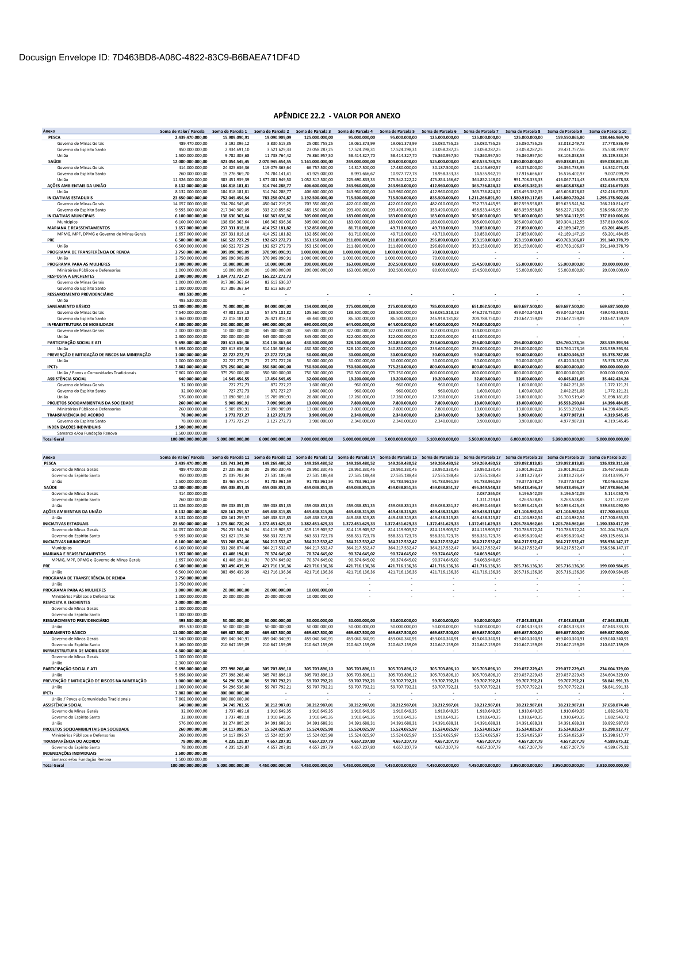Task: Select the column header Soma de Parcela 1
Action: click(230, 131)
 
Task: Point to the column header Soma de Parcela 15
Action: click(398, 457)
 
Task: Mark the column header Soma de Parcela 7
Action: click(482, 131)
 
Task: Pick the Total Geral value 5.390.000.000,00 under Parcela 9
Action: click(567, 439)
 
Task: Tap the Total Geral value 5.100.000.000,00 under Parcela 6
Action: click(441, 439)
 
